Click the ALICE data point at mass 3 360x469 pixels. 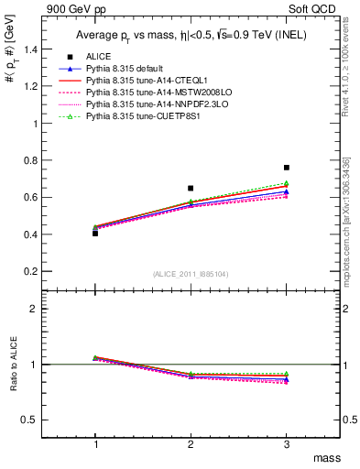point(287,168)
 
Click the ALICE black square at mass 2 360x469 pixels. point(191,188)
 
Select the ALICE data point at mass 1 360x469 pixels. point(95,234)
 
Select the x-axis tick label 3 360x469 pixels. point(287,442)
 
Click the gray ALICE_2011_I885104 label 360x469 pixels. point(191,273)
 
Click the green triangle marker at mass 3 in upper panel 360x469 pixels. point(287,183)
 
